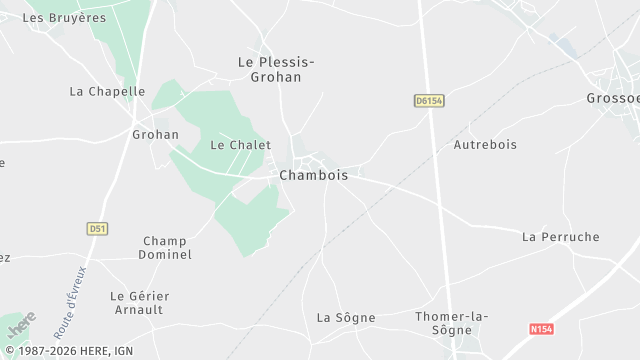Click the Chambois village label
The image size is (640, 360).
[314, 175]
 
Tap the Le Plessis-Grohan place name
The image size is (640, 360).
[276, 69]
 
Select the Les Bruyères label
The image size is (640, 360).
[64, 18]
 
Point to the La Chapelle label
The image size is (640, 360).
[107, 91]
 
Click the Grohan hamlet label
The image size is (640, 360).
[155, 134]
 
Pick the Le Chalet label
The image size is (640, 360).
[240, 145]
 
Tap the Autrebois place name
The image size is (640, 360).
[485, 145]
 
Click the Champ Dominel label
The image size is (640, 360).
[167, 248]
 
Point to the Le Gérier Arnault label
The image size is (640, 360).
[140, 303]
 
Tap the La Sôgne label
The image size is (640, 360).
[346, 318]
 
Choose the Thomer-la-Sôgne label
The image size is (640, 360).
[451, 324]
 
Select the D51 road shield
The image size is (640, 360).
[97, 228]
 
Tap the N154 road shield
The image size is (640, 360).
[541, 328]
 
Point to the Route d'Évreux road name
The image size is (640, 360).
[72, 299]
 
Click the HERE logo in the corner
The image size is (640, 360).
[20, 326]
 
